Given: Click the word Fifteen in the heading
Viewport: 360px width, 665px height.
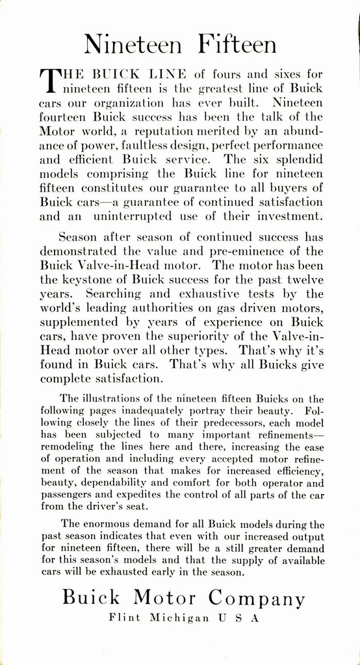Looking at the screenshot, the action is pos(237,45).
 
